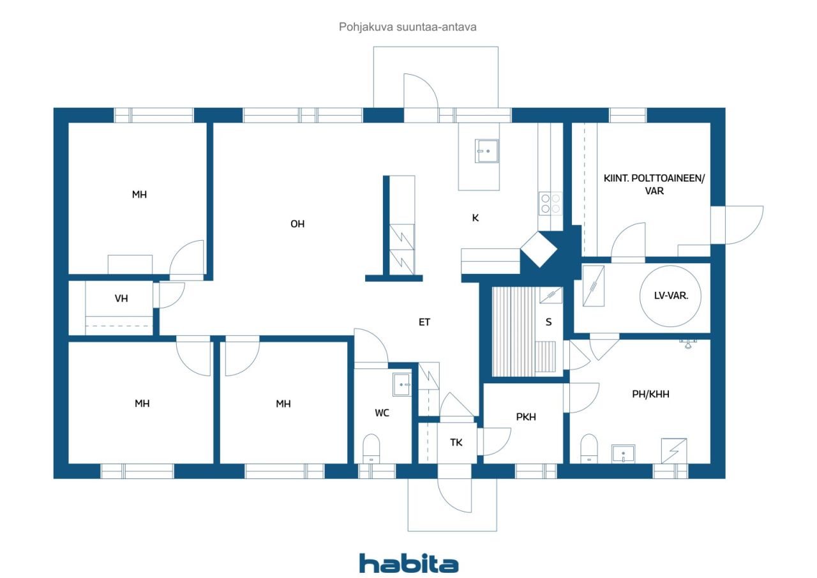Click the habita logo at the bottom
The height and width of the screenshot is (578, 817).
click(x=408, y=564)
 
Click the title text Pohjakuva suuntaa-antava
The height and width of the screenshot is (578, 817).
click(x=407, y=27)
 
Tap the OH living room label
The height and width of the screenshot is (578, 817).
click(x=297, y=224)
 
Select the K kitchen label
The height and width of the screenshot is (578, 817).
click(x=476, y=218)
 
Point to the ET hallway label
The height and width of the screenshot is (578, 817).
click(x=424, y=322)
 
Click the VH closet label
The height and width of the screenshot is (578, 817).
click(x=121, y=298)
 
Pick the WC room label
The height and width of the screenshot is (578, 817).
click(x=382, y=413)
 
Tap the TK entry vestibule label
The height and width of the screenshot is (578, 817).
click(x=456, y=443)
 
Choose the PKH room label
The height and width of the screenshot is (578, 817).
click(x=526, y=416)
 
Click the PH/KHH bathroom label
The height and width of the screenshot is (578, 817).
click(x=650, y=394)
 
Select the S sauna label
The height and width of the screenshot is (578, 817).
click(x=548, y=322)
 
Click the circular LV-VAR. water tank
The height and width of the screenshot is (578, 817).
click(x=670, y=296)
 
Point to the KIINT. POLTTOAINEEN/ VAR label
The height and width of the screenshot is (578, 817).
click(x=654, y=185)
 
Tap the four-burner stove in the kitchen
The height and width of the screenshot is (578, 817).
click(x=550, y=204)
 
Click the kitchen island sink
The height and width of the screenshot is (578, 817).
click(x=486, y=151)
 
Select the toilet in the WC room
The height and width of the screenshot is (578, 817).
click(x=371, y=448)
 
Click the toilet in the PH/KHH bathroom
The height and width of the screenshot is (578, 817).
click(x=588, y=448)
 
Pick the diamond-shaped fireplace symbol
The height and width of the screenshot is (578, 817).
click(x=539, y=250)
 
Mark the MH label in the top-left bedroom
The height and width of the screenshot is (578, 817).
click(x=139, y=195)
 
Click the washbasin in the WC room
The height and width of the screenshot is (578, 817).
click(x=401, y=384)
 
